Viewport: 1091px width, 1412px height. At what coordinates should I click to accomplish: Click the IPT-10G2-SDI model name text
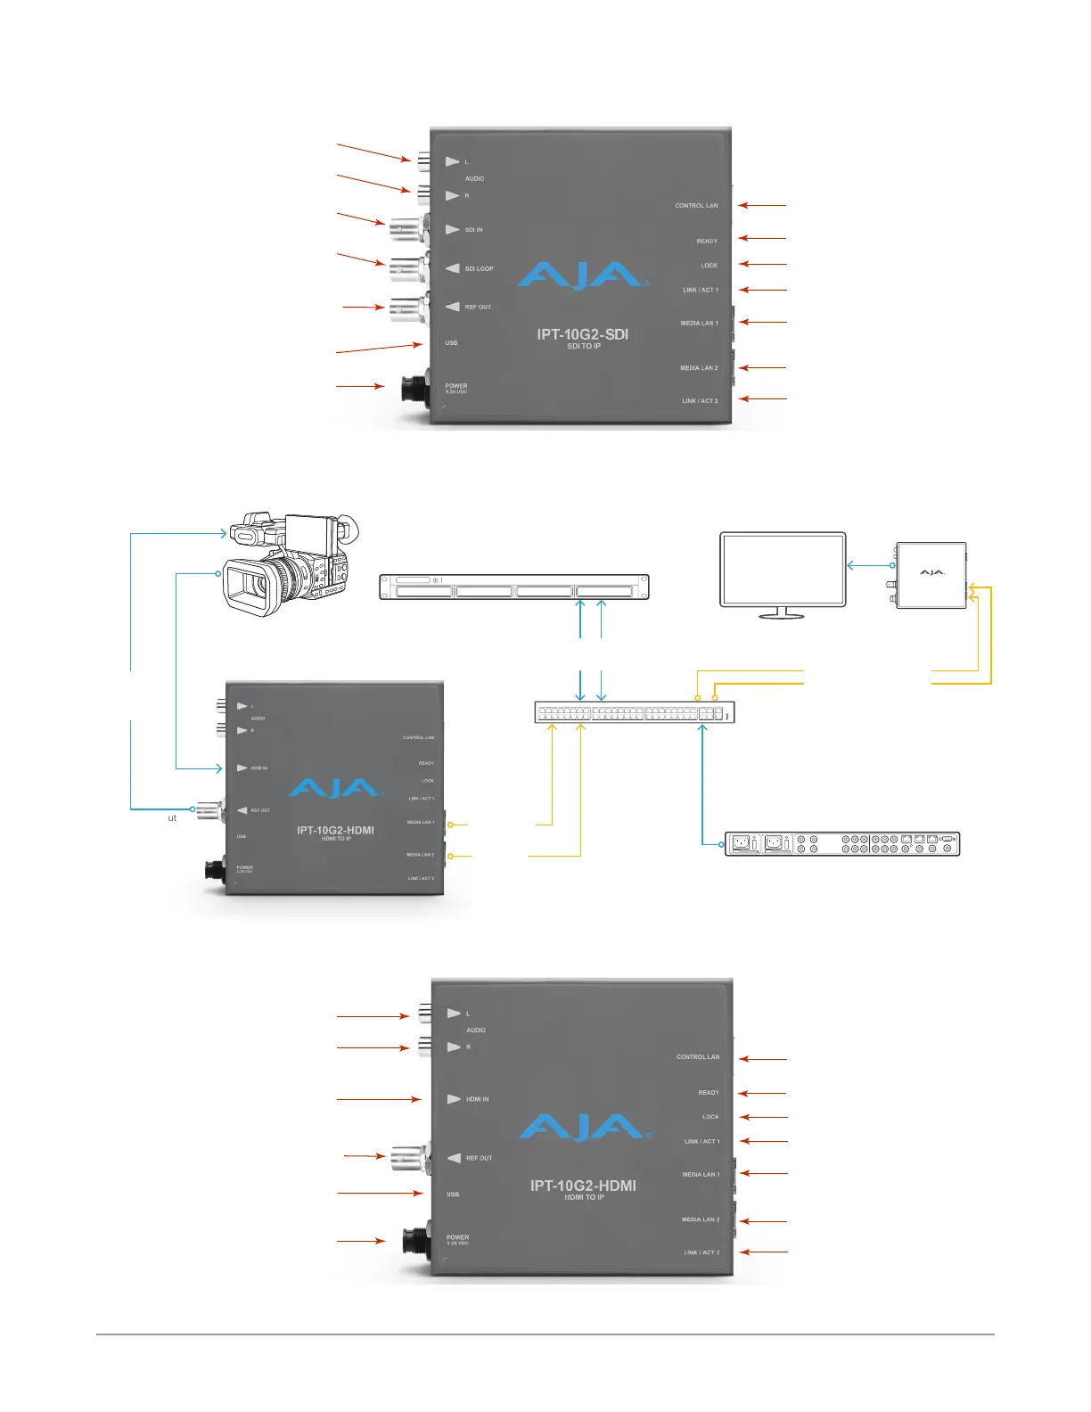tap(582, 334)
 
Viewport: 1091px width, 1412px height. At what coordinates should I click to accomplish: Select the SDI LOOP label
tap(479, 268)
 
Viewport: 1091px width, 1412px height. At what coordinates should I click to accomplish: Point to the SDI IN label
tap(473, 230)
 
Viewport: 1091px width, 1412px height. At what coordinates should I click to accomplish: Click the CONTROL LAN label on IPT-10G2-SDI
tap(696, 206)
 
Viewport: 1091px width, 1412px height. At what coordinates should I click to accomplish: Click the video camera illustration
tap(290, 562)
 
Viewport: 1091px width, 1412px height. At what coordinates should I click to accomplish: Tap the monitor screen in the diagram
tap(782, 569)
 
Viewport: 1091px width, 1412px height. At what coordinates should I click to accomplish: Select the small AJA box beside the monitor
tap(931, 575)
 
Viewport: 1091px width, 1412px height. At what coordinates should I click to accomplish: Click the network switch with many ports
tap(634, 712)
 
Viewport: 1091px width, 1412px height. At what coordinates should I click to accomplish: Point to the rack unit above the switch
tap(514, 587)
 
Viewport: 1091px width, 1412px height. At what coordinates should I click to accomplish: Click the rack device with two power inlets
tap(841, 843)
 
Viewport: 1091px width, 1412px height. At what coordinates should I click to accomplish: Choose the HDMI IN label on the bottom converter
tap(477, 1099)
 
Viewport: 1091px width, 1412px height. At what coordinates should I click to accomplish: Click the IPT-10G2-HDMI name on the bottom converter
tap(583, 1186)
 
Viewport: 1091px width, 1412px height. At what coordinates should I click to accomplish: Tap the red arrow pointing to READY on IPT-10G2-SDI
tap(763, 238)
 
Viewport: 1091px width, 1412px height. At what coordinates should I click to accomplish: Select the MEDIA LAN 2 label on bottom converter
tap(701, 1219)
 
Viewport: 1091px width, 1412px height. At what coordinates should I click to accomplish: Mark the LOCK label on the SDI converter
tap(709, 266)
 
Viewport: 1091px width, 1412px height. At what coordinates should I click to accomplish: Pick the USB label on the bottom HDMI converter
tap(453, 1194)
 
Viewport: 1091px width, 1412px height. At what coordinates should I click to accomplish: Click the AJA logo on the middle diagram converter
tap(335, 789)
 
